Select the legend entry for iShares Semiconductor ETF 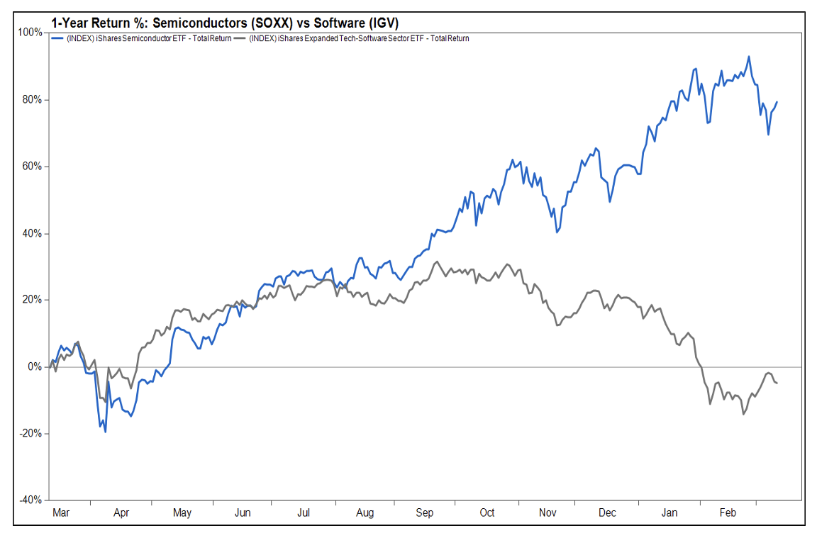[x=145, y=38]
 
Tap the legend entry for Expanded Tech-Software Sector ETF [x=357, y=38]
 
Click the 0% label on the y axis [x=34, y=366]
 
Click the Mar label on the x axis [x=62, y=512]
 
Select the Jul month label [x=305, y=512]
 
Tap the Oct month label [x=487, y=512]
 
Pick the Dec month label [x=608, y=512]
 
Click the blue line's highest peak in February [x=749, y=57]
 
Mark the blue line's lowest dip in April [x=106, y=432]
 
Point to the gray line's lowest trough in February [x=743, y=414]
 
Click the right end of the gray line [x=777, y=383]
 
